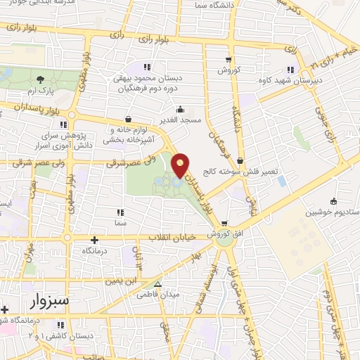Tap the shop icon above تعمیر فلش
(240, 160)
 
